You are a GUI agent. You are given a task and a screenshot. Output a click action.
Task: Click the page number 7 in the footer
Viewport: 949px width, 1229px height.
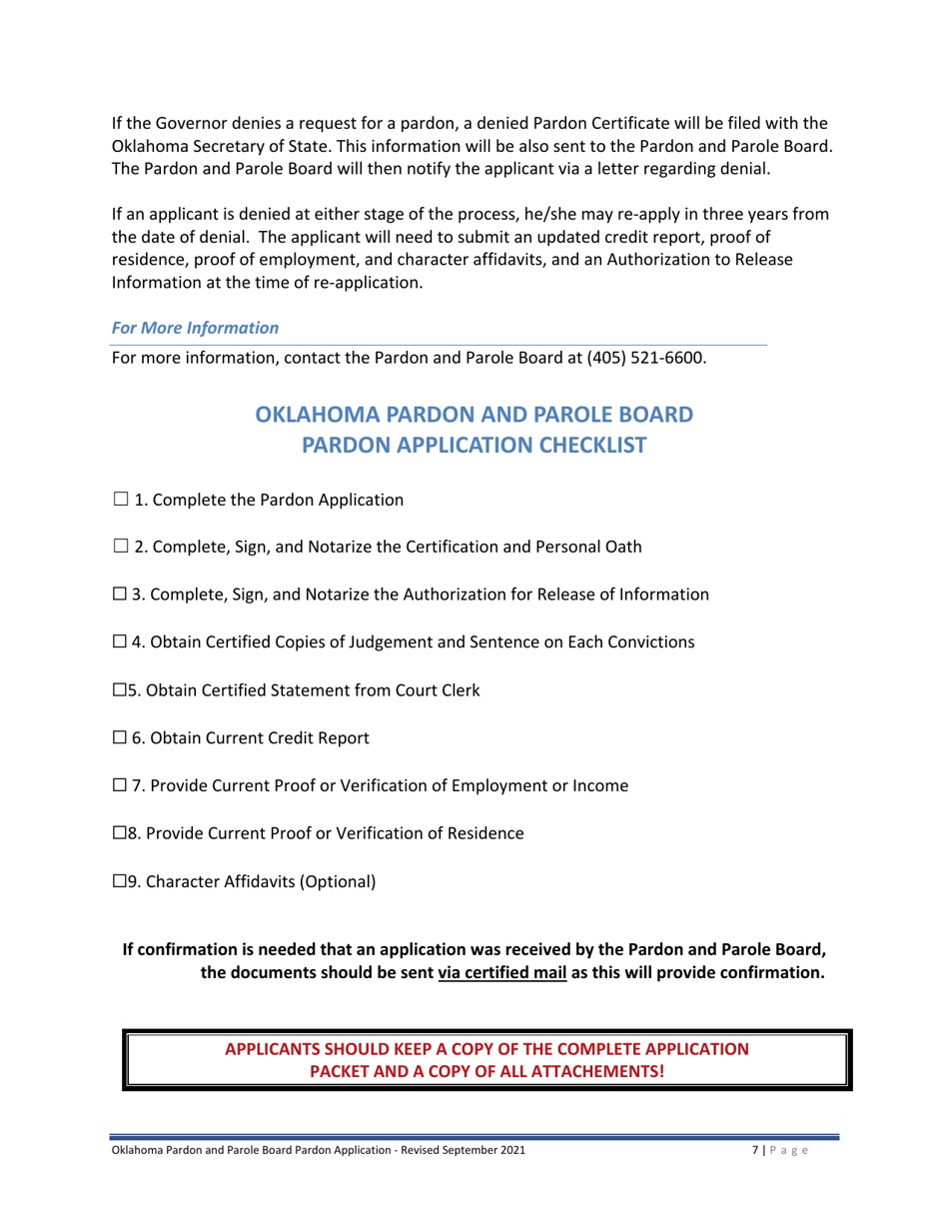click(754, 1151)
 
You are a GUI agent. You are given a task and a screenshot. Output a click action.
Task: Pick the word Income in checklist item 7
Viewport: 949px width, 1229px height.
click(600, 786)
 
